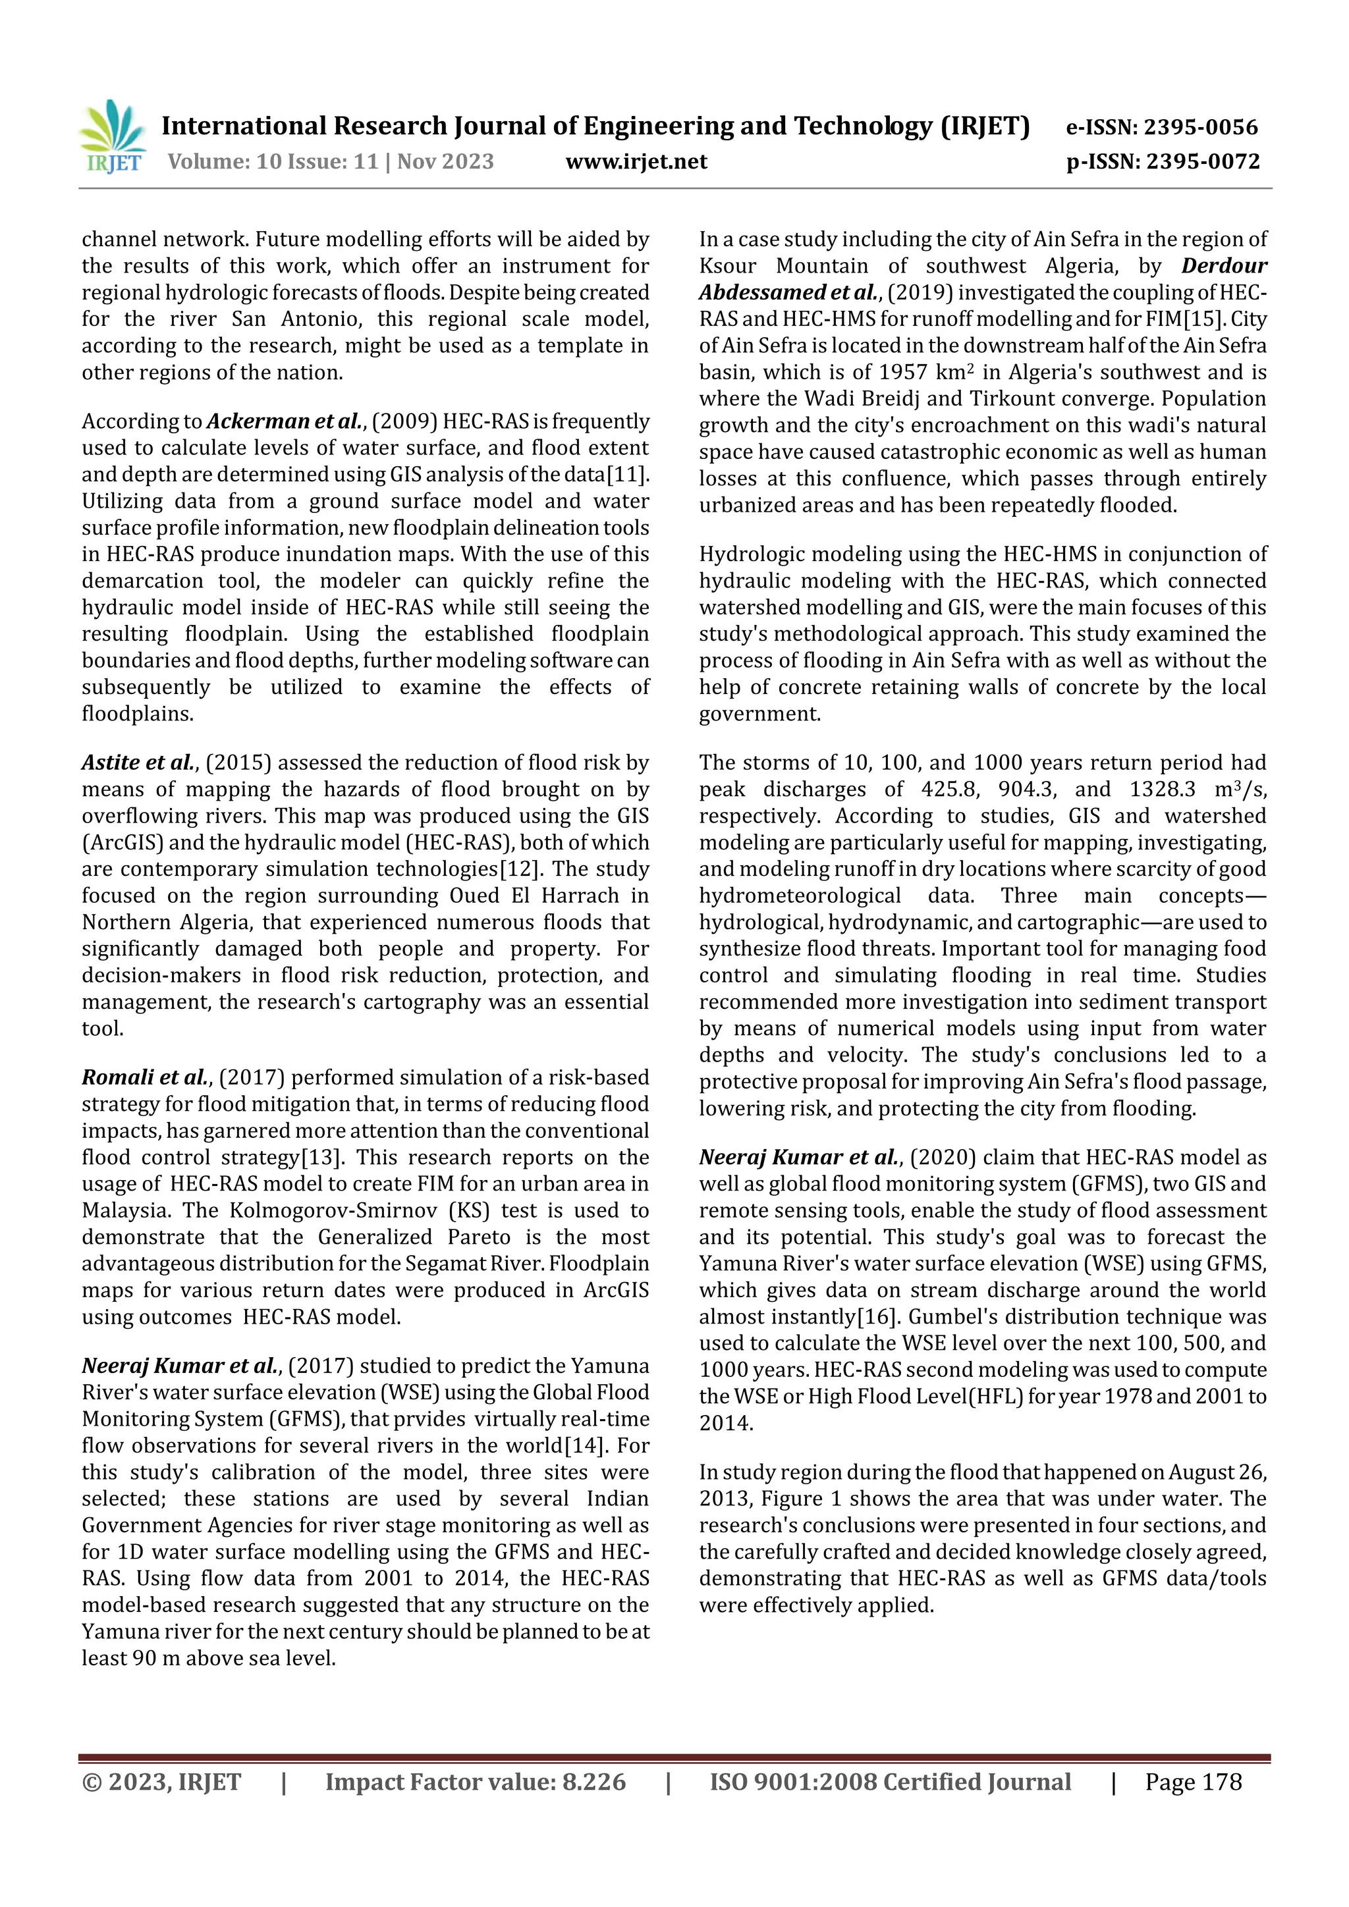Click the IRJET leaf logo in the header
[112, 136]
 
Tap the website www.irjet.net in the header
[636, 162]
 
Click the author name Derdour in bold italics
[1224, 266]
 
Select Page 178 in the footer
[1193, 1782]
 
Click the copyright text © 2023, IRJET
[161, 1782]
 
